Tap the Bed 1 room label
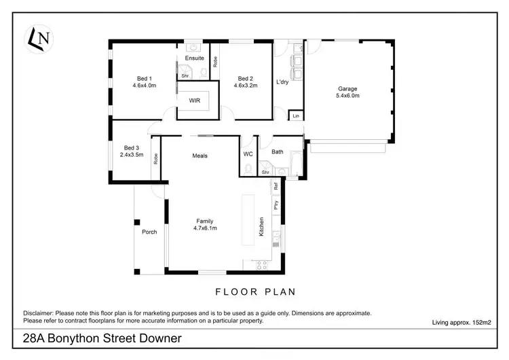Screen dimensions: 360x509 (x=144, y=78)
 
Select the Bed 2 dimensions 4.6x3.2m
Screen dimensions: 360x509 (x=246, y=86)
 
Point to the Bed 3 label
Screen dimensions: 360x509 (x=132, y=147)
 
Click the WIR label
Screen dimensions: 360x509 (x=195, y=101)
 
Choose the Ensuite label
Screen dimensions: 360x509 (x=194, y=58)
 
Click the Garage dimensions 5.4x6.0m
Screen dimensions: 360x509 (x=348, y=96)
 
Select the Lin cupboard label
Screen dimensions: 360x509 (x=296, y=117)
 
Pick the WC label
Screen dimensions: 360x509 (x=248, y=154)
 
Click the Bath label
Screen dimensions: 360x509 (x=277, y=151)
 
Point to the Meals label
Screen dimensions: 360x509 (x=200, y=156)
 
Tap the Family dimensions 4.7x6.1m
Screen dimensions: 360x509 (x=204, y=229)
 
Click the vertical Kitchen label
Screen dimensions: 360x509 (x=261, y=227)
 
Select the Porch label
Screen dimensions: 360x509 (x=149, y=232)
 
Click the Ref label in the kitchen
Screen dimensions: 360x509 (x=276, y=186)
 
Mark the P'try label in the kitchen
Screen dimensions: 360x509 (x=276, y=204)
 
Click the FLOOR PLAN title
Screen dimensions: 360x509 (x=255, y=292)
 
